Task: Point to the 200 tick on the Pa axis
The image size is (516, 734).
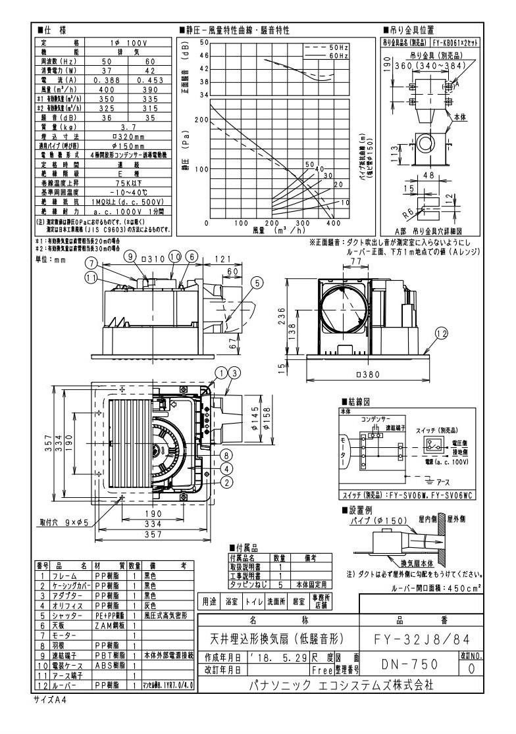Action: pos(200,120)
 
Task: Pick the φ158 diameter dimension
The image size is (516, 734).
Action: pos(265,415)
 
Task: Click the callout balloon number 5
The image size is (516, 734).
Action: pos(257,283)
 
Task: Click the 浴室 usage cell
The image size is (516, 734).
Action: pos(233,601)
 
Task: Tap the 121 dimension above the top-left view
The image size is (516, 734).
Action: pos(220,260)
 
